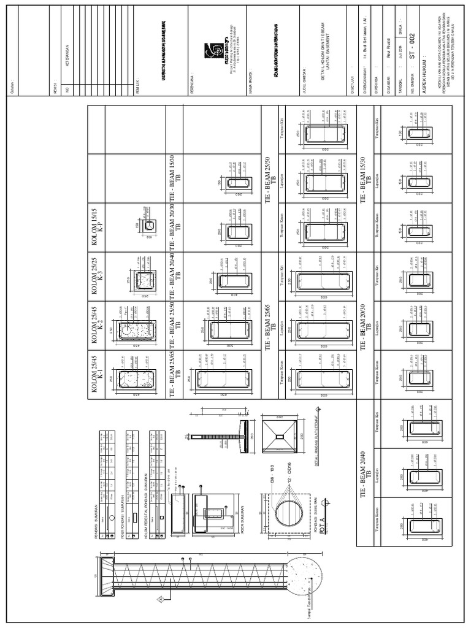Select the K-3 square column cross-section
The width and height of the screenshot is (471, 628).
click(144, 280)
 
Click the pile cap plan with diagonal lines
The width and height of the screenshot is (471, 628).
click(279, 435)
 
